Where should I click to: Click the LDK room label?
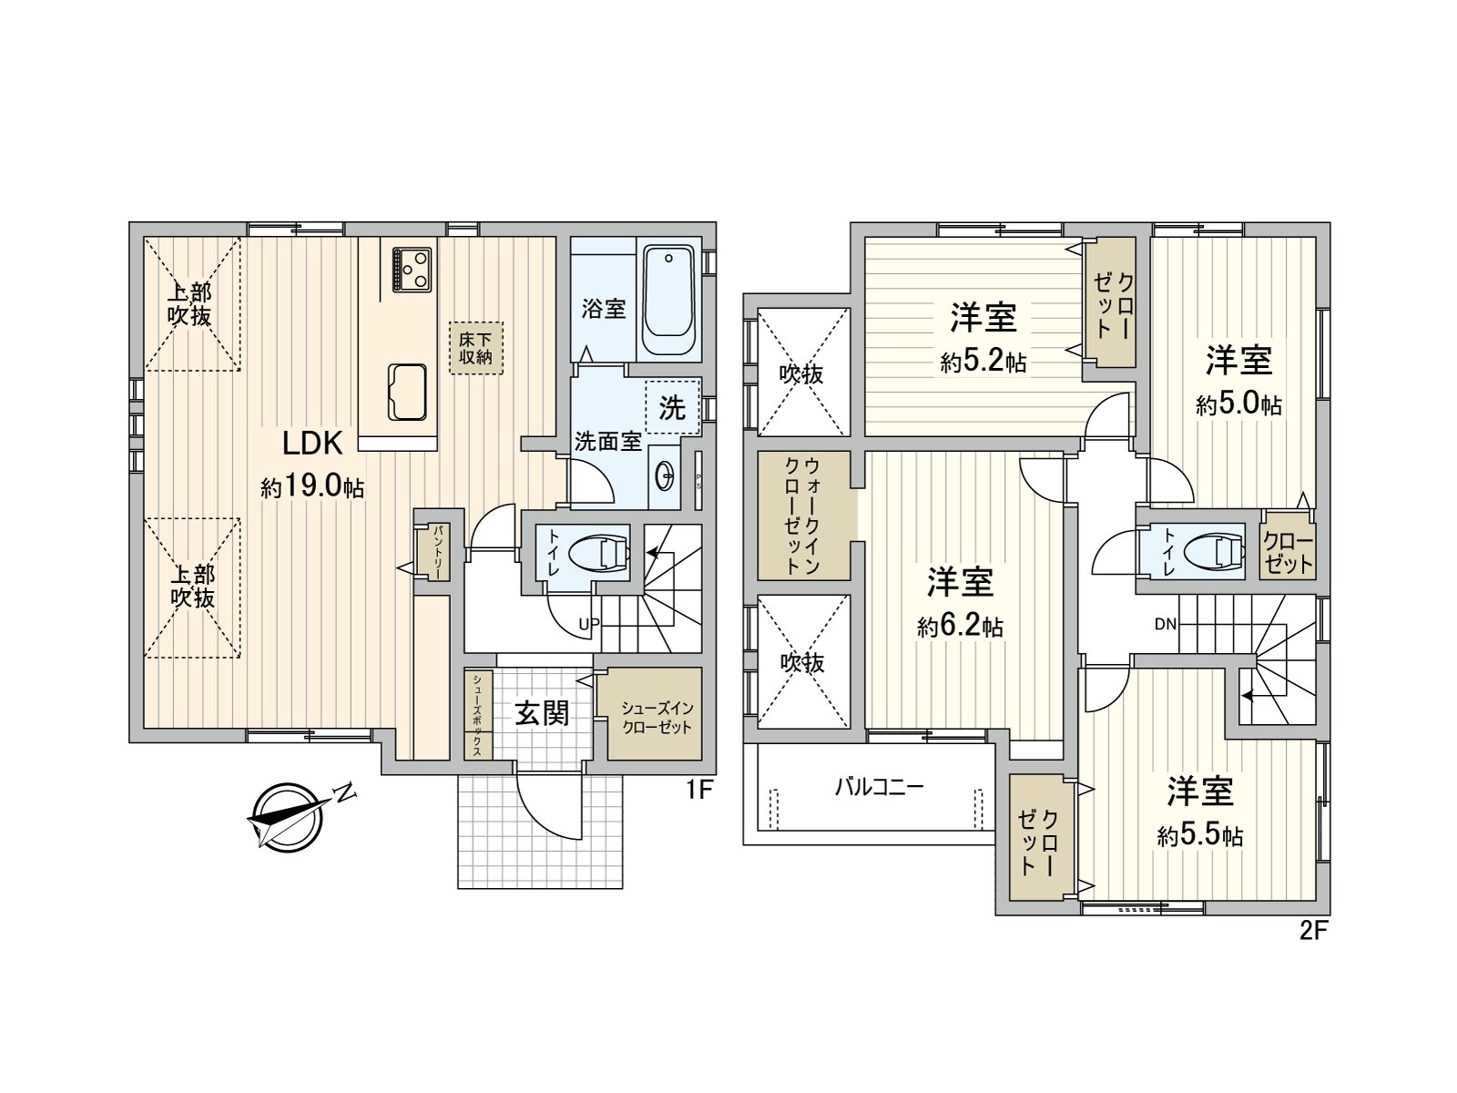(311, 444)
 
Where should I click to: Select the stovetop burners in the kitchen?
(413, 269)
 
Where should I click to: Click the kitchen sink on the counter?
(407, 392)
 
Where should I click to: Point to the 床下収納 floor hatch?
(474, 347)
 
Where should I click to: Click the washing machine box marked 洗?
(672, 407)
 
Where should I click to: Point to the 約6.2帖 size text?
(960, 627)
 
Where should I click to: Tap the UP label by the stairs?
(588, 625)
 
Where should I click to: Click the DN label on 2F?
(1165, 625)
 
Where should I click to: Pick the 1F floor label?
(698, 790)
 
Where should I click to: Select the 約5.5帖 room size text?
(1200, 835)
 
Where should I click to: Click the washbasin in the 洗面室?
(665, 475)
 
